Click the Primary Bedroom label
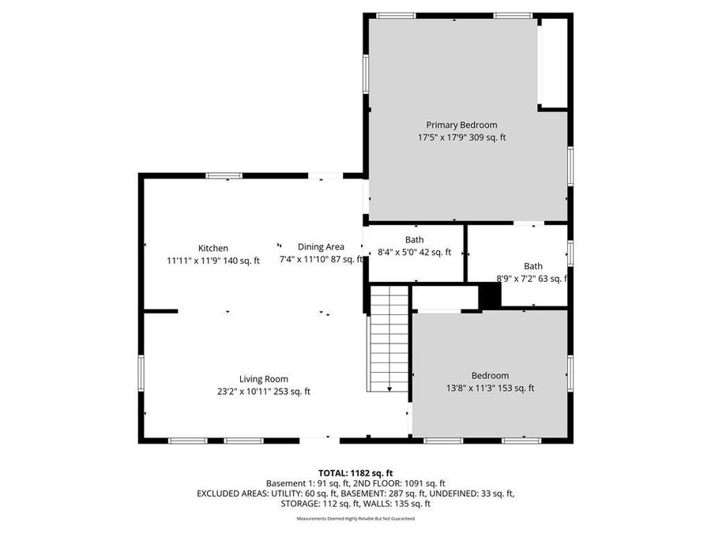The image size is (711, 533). (461, 125)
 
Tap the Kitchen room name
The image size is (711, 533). (213, 248)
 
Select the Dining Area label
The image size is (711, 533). (321, 246)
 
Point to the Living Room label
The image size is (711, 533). (264, 378)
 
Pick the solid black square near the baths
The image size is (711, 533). (491, 295)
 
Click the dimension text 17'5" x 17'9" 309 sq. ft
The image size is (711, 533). (461, 137)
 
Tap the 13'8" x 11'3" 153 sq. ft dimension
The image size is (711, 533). (490, 388)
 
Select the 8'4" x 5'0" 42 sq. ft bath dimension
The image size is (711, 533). (414, 253)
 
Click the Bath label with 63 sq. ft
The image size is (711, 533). (533, 266)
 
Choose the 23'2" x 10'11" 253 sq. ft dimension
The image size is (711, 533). (264, 391)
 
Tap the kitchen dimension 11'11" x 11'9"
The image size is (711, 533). (213, 260)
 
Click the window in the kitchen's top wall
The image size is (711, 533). (224, 175)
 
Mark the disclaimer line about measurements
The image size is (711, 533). (355, 519)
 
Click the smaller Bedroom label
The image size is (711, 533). (490, 376)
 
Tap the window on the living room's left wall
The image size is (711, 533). (141, 373)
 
